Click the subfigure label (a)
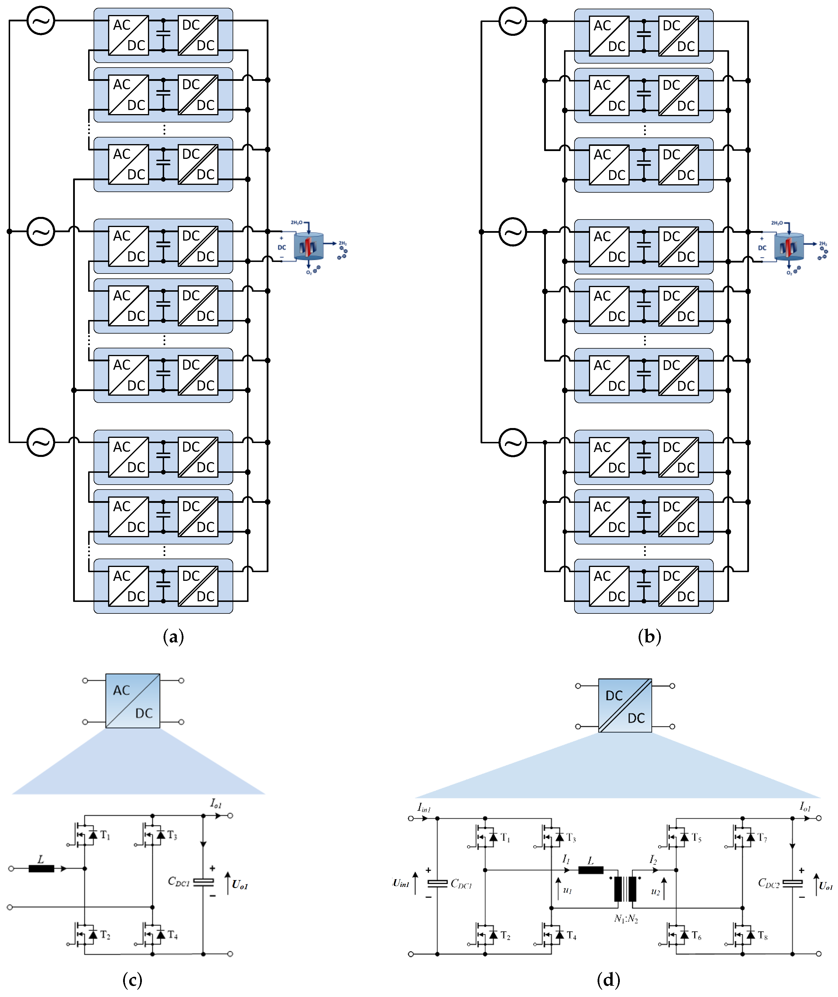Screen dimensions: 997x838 pyautogui.click(x=173, y=637)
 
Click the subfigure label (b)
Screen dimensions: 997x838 pyautogui.click(x=649, y=637)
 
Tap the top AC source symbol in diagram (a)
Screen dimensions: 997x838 pyautogui.click(x=41, y=21)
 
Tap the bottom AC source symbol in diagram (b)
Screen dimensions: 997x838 pyautogui.click(x=513, y=442)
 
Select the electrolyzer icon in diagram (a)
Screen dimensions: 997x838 pyautogui.click(x=309, y=246)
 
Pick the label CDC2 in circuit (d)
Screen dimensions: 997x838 pyautogui.click(x=769, y=883)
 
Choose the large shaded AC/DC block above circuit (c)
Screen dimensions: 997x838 pyautogui.click(x=133, y=701)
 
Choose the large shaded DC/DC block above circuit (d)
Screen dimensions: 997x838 pyautogui.click(x=625, y=706)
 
